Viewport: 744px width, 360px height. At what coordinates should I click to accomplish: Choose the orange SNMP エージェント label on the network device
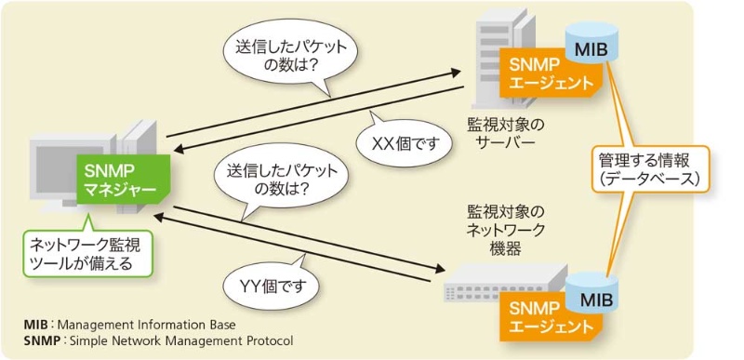(x=546, y=316)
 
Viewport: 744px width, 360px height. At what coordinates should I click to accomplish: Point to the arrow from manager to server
(x=316, y=101)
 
